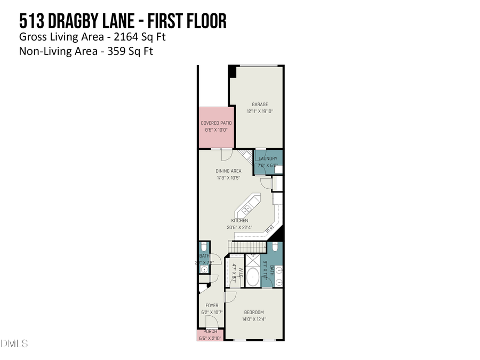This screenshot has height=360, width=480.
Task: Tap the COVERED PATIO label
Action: coord(216,123)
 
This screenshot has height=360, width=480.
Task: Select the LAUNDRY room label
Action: coord(268,158)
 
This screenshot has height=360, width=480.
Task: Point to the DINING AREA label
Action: coord(228,171)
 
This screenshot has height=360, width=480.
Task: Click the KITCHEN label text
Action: coord(239,221)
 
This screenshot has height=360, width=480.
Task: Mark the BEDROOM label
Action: coord(254,312)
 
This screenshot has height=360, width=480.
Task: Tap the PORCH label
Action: coord(210,332)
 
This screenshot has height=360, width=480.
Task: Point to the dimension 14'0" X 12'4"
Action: coord(254,319)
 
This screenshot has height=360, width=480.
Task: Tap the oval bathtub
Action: coord(252,278)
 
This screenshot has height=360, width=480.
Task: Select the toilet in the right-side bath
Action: coord(274,247)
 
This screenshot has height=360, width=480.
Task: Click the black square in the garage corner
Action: coord(233,70)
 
